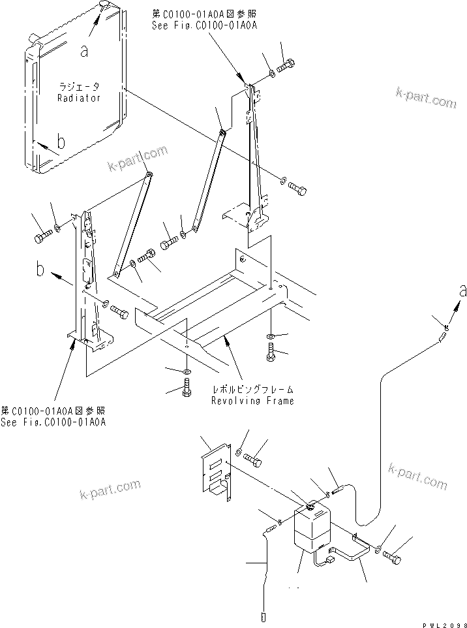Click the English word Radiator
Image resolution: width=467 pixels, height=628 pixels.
[78, 98]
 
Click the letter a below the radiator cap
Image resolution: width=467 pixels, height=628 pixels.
[84, 51]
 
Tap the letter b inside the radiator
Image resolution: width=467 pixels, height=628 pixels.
[60, 142]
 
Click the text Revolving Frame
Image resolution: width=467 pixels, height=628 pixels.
[252, 400]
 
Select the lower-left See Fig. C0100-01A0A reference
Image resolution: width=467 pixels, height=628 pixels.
[53, 422]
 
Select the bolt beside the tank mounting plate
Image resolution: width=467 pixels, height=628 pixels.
[254, 461]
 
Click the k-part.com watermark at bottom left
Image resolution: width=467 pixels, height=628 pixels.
[110, 488]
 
